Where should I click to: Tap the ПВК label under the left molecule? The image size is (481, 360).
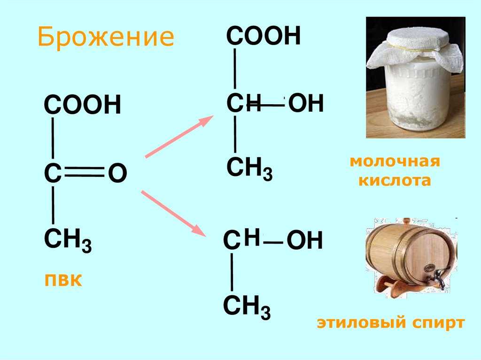click(x=63, y=281)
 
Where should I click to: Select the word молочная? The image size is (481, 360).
click(x=395, y=162)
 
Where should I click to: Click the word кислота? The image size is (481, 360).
click(x=395, y=181)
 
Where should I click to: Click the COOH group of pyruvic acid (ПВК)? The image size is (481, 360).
click(x=82, y=105)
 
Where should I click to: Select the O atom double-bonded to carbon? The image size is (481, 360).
click(x=117, y=174)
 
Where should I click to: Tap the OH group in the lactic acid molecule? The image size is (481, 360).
click(x=306, y=104)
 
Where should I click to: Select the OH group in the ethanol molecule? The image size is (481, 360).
click(x=304, y=241)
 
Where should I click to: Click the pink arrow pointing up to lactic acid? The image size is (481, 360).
click(x=177, y=137)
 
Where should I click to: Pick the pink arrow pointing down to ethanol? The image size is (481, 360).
click(x=174, y=212)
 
